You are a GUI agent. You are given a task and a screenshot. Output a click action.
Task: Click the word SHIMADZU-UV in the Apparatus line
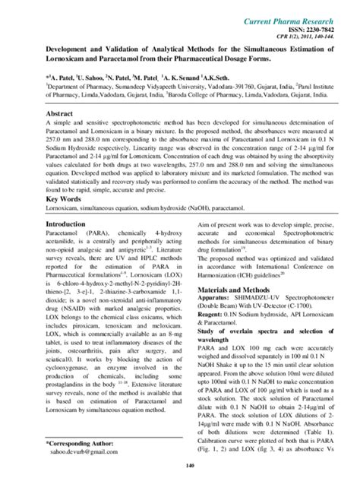[x=261, y=322]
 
